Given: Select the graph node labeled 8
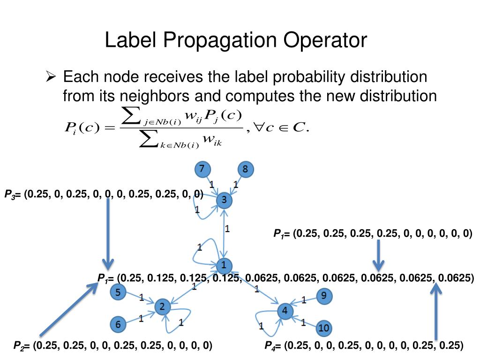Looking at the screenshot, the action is pos(245,169).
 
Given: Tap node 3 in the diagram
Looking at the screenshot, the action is pos(224,201).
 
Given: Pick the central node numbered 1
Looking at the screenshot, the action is pos(224,266).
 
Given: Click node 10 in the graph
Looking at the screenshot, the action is pos(323,328).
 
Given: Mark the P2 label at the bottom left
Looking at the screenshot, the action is pos(19,346).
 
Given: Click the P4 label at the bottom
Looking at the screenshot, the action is pos(270,346).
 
